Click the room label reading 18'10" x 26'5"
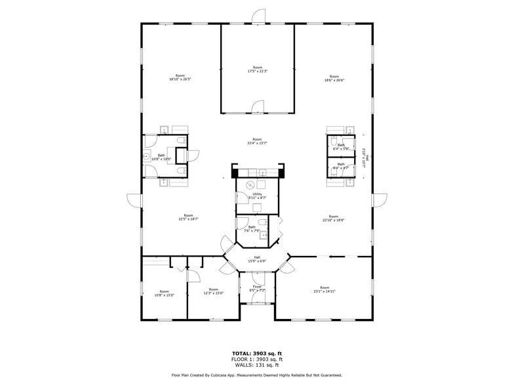[x=180, y=78]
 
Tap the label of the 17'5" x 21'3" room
[x=258, y=69]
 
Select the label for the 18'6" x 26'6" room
[x=334, y=78]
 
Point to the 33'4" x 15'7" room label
[x=258, y=140]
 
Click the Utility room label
[x=257, y=196]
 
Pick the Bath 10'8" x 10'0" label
[x=161, y=157]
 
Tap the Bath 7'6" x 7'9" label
[x=252, y=228]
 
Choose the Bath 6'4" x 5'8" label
[x=341, y=147]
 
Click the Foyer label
[x=257, y=288]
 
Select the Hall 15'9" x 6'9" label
[x=257, y=259]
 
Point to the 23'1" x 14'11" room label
[x=325, y=289]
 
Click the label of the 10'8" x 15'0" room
[x=164, y=293]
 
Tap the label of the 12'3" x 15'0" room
[x=214, y=291]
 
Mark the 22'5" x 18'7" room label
[x=188, y=217]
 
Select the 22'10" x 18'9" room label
[x=333, y=218]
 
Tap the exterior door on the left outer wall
[x=134, y=200]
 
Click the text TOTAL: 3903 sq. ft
[x=257, y=353]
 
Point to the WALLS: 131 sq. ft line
[x=257, y=365]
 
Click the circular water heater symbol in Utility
[x=250, y=185]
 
